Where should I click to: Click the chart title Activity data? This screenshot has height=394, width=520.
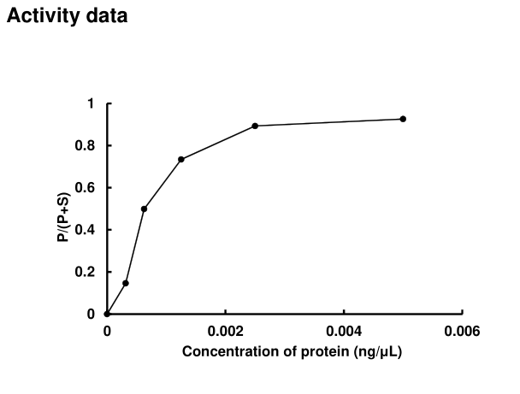[x=68, y=15]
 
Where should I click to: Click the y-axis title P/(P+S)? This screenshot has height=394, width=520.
[x=64, y=209]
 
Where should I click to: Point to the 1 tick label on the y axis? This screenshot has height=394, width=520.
[x=92, y=104]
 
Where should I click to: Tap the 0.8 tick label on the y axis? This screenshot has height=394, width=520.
[x=87, y=146]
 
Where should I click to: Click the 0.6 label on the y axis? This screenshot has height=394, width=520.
[x=87, y=188]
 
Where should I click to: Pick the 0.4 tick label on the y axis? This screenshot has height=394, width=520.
[x=87, y=230]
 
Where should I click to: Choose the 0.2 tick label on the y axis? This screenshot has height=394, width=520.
[x=87, y=272]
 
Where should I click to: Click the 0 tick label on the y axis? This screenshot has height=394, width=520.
[x=92, y=314]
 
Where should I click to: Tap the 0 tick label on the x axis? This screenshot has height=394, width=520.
[x=107, y=330]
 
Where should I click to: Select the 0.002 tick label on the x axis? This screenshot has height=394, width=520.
[x=225, y=330]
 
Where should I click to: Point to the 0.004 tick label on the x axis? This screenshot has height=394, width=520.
[x=344, y=330]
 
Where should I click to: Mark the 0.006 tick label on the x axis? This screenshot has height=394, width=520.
[x=462, y=330]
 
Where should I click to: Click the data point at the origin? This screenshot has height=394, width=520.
[x=107, y=314]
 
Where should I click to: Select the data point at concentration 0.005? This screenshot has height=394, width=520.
[x=403, y=119]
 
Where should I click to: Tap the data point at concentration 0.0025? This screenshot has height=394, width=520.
[x=255, y=126]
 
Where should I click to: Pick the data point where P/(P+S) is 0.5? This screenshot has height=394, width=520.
[x=144, y=209]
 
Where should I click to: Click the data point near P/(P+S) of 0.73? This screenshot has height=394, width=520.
[x=181, y=159]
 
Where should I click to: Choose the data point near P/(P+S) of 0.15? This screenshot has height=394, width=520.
[x=126, y=283]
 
